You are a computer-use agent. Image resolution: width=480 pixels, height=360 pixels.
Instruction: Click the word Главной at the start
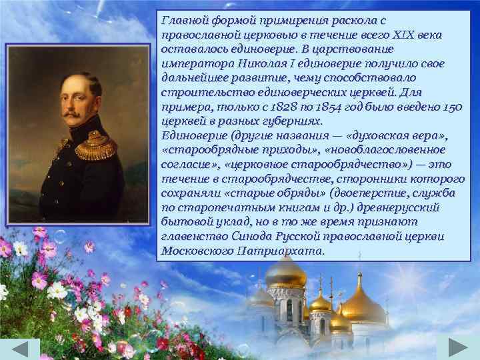(182, 21)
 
